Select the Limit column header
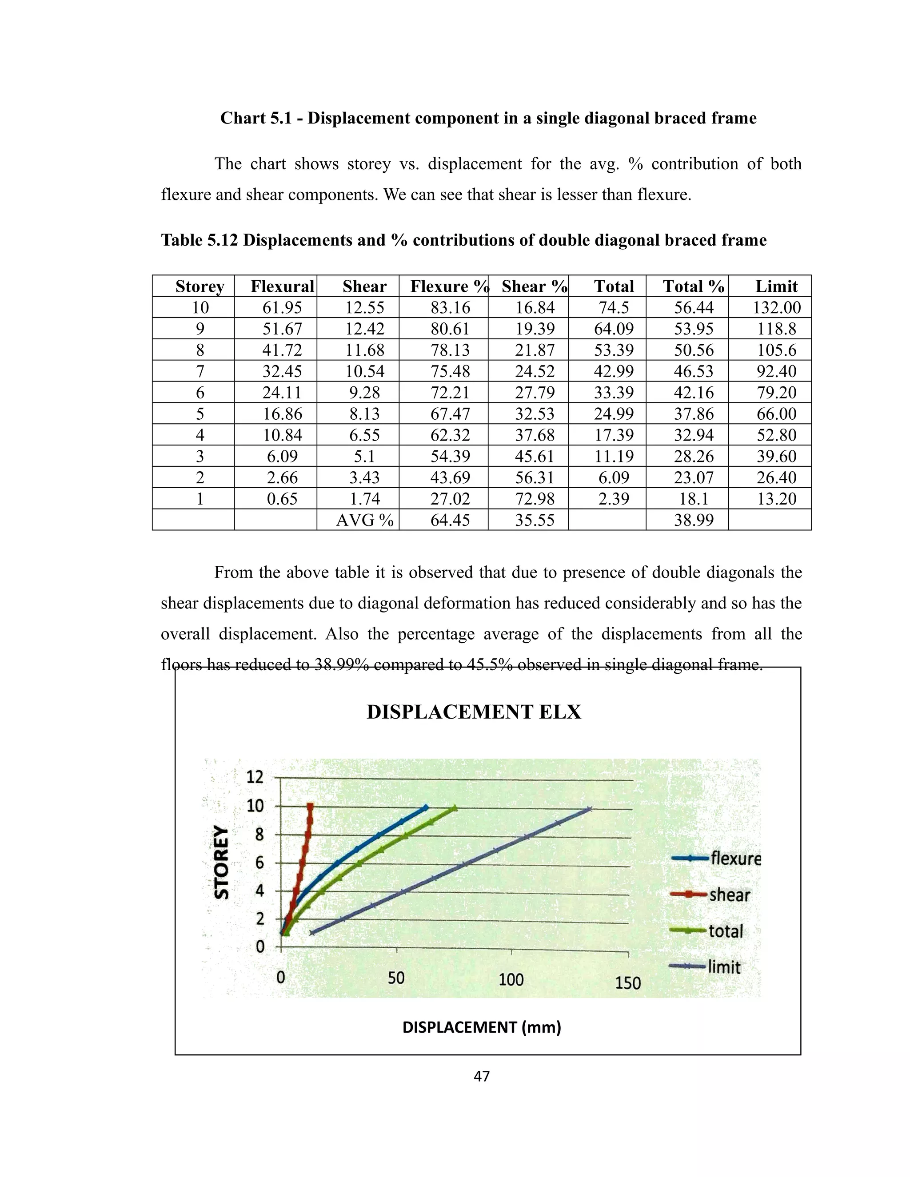click(x=776, y=286)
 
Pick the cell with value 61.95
click(x=282, y=308)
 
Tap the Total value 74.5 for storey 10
click(x=614, y=308)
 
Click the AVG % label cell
click(x=364, y=520)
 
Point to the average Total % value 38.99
click(x=693, y=520)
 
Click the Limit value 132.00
click(x=776, y=308)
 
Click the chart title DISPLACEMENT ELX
click(x=474, y=712)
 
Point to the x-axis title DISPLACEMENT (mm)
click(x=481, y=1027)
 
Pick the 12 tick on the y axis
click(x=255, y=777)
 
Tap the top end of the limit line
click(x=590, y=808)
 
